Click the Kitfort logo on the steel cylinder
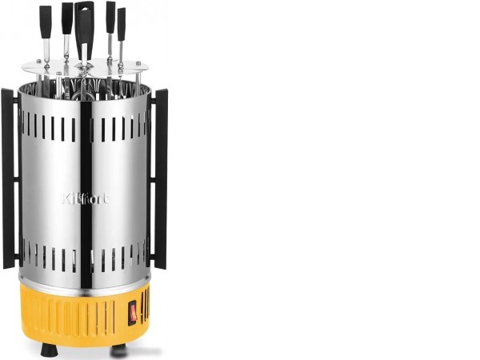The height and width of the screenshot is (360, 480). [85, 198]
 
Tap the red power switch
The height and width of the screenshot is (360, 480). [133, 312]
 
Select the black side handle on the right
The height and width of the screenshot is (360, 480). [160, 178]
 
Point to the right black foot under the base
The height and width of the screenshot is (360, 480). [118, 351]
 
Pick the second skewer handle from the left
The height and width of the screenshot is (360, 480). [66, 18]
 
